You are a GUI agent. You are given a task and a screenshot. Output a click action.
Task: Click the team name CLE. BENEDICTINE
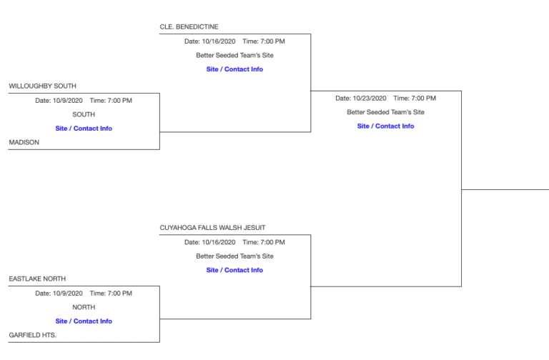[x=189, y=27]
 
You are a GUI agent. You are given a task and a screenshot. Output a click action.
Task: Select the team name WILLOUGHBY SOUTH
[x=42, y=86]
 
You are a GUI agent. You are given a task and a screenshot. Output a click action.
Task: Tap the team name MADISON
[x=24, y=142]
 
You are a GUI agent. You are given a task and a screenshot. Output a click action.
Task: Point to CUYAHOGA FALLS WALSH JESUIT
[x=212, y=228]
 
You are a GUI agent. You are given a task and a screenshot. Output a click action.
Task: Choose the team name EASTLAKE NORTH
[x=37, y=279]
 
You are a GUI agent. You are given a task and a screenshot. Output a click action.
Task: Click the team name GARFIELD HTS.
[x=33, y=334]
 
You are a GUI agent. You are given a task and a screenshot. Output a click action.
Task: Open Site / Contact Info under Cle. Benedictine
[x=234, y=69]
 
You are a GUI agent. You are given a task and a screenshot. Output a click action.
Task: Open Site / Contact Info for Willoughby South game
[x=84, y=129]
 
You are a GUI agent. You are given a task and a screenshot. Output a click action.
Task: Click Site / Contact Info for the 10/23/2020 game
[x=385, y=126]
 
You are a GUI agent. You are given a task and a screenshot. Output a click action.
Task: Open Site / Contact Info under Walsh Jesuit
[x=234, y=270]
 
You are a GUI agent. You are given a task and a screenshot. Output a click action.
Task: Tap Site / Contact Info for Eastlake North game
[x=84, y=321]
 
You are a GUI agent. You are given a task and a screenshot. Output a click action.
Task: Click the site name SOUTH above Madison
[x=84, y=114]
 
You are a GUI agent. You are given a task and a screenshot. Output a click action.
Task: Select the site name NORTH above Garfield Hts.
[x=84, y=307]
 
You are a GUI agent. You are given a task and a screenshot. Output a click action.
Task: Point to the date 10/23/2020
[x=370, y=98]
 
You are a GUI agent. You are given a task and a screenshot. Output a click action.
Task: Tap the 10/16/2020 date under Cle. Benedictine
[x=218, y=41]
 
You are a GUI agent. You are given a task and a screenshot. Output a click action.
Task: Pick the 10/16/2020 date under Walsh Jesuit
[x=218, y=242]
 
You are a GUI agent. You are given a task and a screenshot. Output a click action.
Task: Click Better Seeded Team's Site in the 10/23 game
[x=385, y=112]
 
